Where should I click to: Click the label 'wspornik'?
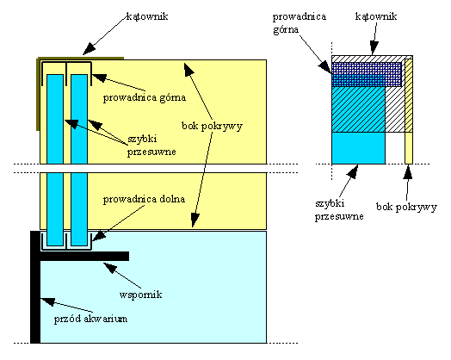tap(140, 295)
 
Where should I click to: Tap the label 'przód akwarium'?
tap(90, 319)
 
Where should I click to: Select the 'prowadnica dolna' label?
tap(144, 199)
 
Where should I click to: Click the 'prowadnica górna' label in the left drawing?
tap(145, 97)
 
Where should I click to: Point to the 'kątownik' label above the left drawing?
tap(147, 16)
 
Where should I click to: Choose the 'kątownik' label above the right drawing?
tap(376, 16)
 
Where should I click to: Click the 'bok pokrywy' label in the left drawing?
tap(212, 126)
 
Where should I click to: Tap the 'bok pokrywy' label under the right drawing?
tap(406, 207)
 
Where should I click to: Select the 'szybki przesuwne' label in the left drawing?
tap(151, 146)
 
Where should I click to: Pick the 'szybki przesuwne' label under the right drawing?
tap(339, 210)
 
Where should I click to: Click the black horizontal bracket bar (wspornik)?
tap(84, 256)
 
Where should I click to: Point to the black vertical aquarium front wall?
tap(35, 287)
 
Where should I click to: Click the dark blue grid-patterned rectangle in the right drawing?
tap(367, 75)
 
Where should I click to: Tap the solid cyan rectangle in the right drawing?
tap(358, 148)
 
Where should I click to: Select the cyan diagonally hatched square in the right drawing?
tap(358, 109)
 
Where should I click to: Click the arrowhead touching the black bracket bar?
tap(109, 267)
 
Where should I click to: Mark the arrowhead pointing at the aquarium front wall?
tap(47, 301)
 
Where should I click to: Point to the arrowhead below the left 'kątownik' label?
tap(89, 49)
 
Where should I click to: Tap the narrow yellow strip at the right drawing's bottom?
tap(409, 148)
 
